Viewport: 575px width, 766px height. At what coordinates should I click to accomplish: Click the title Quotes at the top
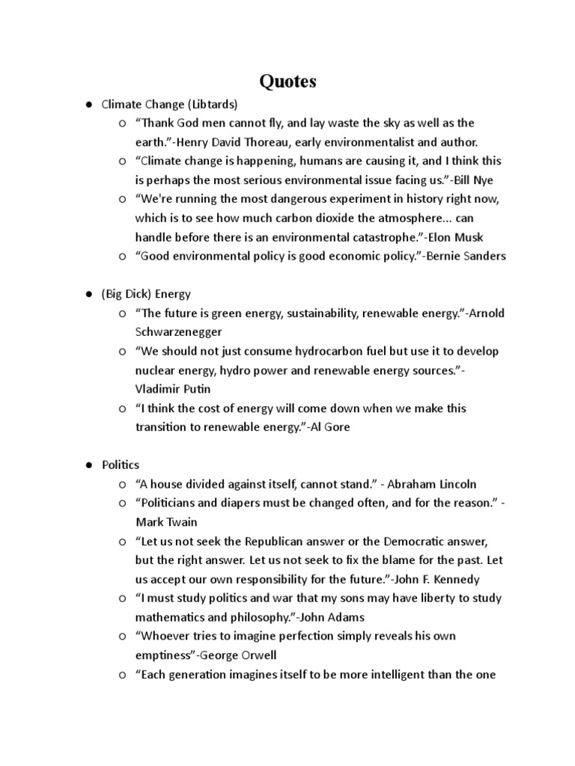coord(287,81)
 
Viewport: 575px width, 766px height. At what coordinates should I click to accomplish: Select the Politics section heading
coord(121,465)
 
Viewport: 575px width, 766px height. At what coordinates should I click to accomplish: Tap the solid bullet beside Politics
coord(88,465)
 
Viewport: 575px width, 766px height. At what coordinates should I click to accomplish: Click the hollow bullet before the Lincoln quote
coord(122,484)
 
